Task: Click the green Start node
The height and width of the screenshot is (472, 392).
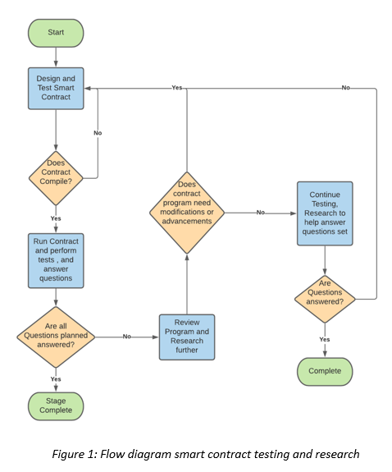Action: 56,32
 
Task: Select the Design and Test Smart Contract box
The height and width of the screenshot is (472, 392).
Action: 56,89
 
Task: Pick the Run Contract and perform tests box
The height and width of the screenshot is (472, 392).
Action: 56,260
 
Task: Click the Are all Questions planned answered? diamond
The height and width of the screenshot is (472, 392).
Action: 56,336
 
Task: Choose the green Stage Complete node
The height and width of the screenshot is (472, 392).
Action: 56,405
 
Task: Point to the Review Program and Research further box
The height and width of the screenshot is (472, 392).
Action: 187,337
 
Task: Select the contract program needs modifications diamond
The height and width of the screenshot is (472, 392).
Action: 187,213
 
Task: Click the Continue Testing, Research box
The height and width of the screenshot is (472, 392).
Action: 325,213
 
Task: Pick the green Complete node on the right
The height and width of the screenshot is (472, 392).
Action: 325,371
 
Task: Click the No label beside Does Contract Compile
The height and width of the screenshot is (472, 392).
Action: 98,132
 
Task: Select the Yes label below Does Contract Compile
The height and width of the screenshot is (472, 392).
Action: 56,218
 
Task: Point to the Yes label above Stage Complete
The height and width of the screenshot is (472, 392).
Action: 56,378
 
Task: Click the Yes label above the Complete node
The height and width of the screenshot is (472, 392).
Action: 325,338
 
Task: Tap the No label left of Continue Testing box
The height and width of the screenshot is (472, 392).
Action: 260,213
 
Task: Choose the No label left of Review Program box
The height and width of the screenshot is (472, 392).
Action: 127,337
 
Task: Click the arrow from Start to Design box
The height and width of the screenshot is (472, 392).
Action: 56,56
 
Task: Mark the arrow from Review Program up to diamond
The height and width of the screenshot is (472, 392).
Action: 187,283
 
